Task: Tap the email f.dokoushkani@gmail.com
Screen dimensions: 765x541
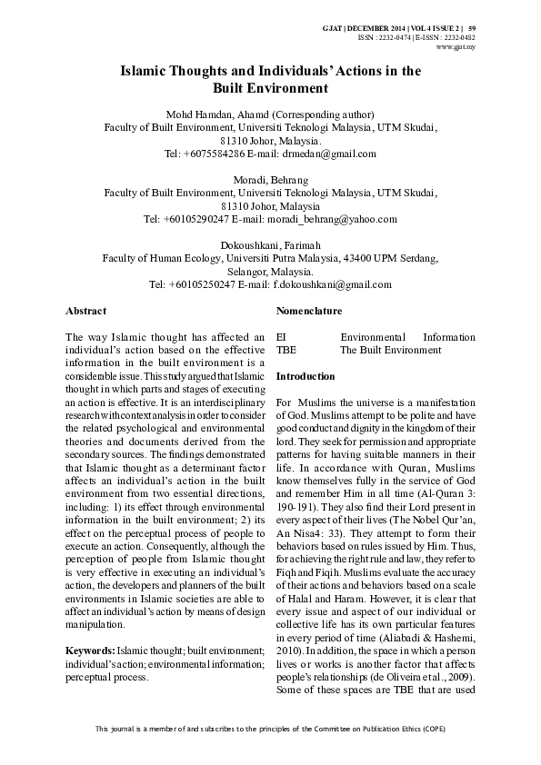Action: (x=332, y=284)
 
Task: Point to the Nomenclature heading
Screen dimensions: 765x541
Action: (x=308, y=312)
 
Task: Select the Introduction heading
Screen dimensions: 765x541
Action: (x=306, y=376)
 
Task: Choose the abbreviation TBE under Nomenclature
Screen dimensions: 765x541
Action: (x=286, y=350)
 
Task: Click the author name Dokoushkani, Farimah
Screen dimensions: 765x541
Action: (x=270, y=245)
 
